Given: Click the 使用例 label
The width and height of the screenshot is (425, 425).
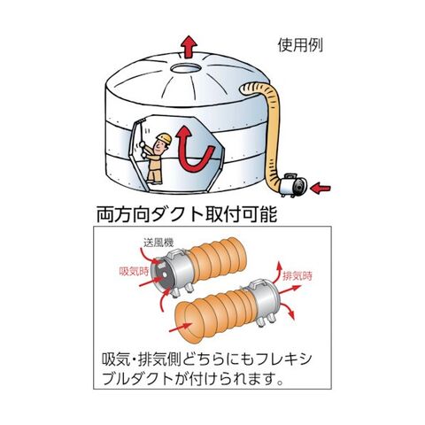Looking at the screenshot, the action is coord(300,45).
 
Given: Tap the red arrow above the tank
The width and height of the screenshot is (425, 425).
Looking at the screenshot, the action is coord(189,47).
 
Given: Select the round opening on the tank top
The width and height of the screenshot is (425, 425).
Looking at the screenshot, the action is coord(186,68).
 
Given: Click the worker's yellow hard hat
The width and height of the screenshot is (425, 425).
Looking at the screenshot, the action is coord(164,138).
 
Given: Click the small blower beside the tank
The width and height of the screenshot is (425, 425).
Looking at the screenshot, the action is coord(294,185).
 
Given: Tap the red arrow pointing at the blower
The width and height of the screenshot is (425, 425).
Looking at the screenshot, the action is coord(321,189).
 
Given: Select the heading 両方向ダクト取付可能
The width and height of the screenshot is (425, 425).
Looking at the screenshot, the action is coord(187,213).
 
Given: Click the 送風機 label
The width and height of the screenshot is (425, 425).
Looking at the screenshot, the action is coord(158,243).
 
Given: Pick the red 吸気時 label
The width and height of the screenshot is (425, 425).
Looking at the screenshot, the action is coord(134,271).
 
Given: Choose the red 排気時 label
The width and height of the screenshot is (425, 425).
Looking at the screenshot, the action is coord(297,276).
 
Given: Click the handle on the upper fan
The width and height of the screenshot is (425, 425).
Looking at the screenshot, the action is coord(177,252).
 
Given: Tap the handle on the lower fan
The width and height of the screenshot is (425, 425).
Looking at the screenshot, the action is coord(258,284).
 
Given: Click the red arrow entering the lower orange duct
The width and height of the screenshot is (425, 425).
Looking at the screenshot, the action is coord(181,327).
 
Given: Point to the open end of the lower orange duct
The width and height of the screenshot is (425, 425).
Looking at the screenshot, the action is coord(183,323).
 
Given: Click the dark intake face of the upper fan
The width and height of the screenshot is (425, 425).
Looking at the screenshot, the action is coord(161,275).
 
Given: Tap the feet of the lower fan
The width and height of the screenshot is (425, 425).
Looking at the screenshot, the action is coord(265,321).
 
